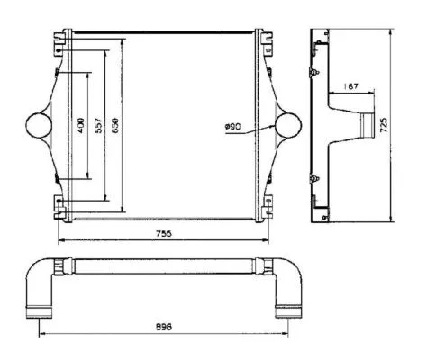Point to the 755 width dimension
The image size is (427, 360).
[x=163, y=233]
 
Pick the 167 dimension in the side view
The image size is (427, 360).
[x=350, y=86]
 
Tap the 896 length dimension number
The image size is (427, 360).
[x=163, y=326]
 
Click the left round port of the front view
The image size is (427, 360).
[x=39, y=124]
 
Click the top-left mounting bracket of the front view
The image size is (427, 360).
[x=61, y=40]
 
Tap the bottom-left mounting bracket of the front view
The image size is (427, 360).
[x=61, y=208]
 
